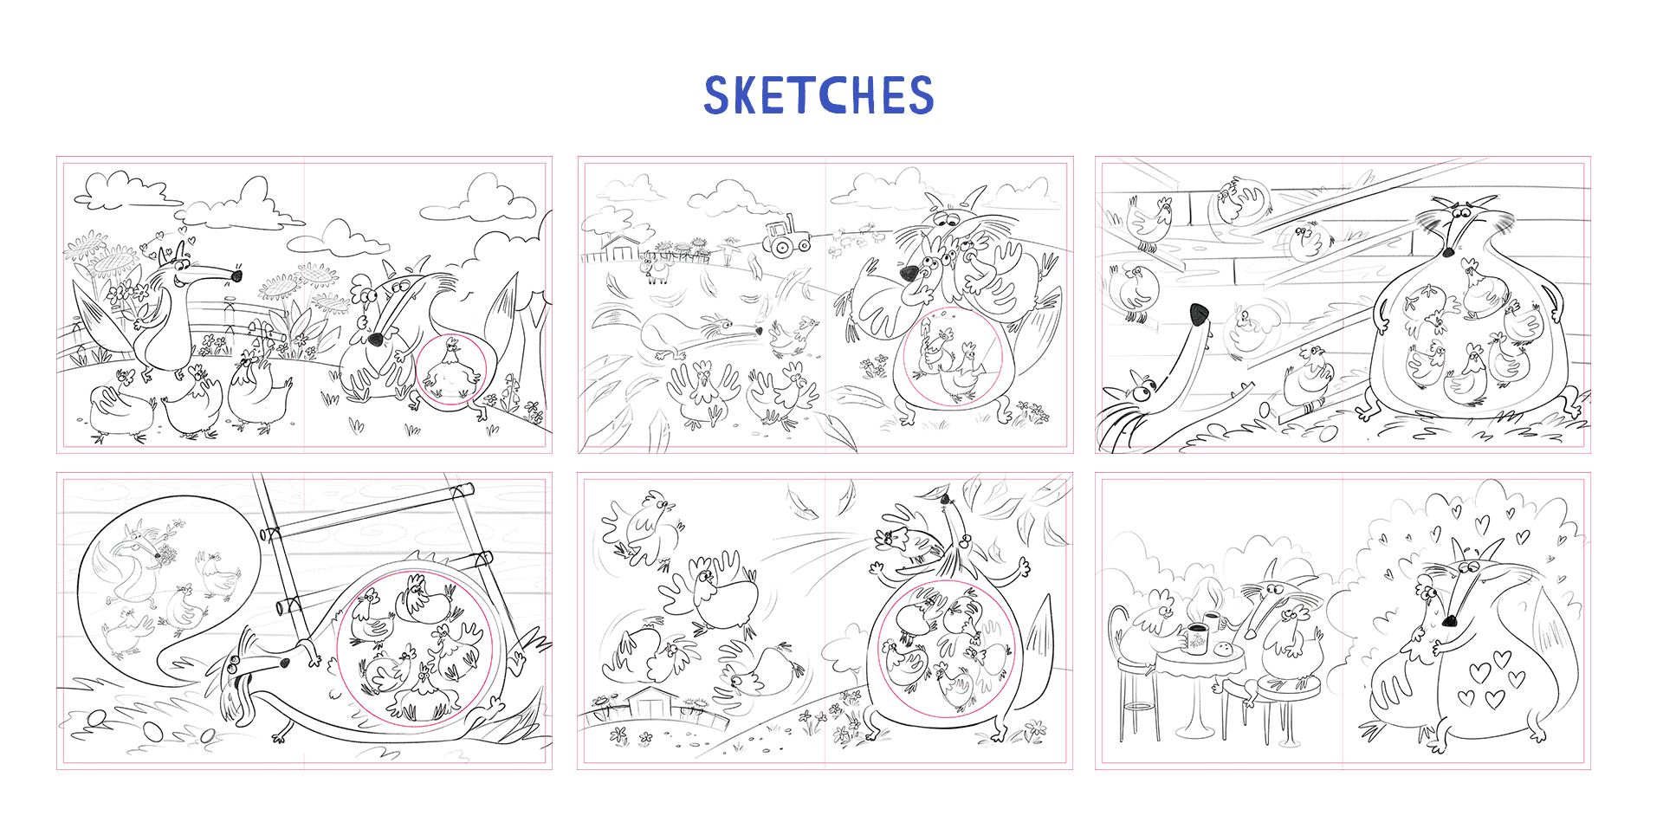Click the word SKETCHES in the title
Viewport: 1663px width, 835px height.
(819, 95)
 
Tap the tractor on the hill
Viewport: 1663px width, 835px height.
(786, 236)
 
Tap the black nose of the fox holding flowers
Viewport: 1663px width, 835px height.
(236, 276)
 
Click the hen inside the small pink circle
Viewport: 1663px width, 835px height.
(450, 371)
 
